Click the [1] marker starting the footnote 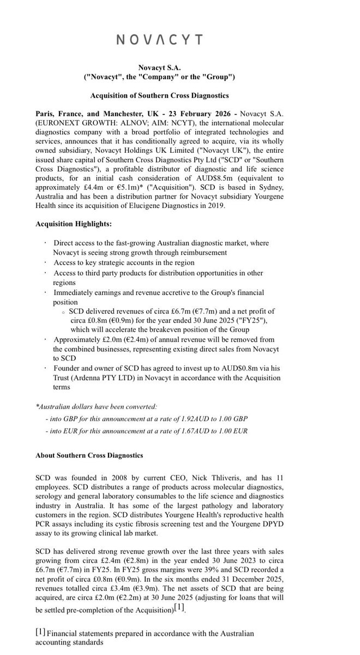click(40, 632)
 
